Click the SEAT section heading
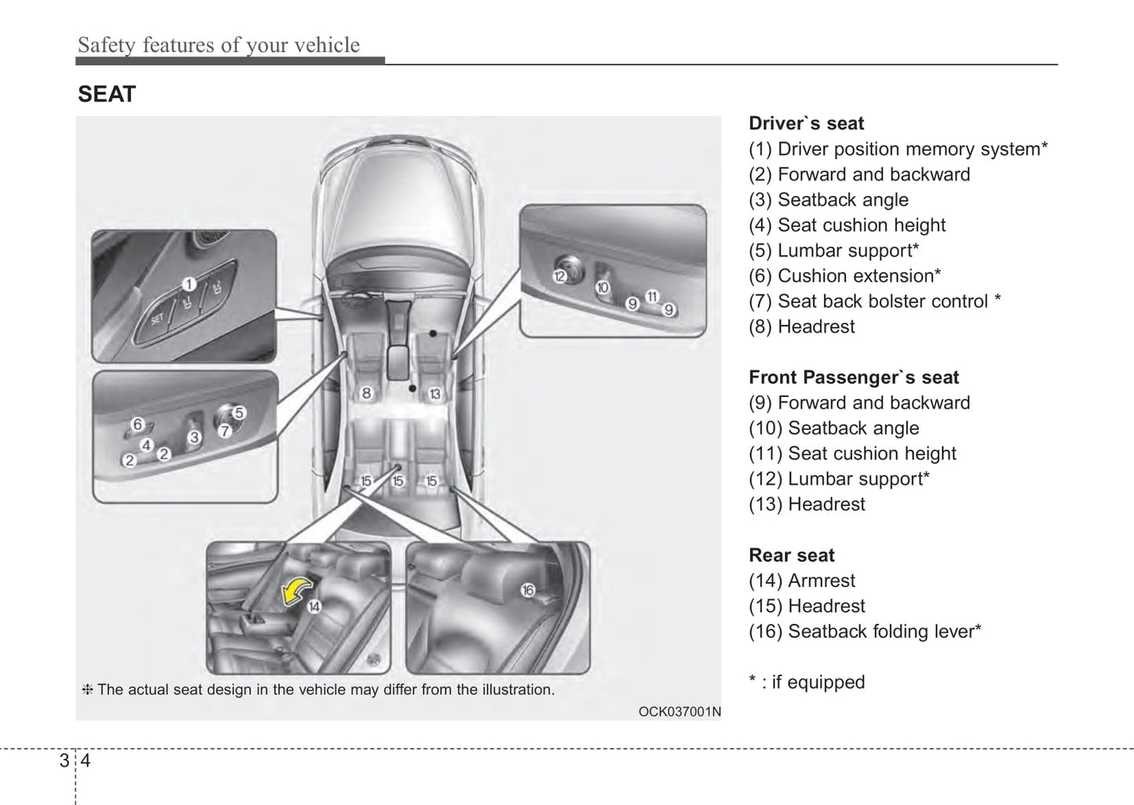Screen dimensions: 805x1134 [107, 95]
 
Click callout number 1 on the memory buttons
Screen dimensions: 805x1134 [188, 284]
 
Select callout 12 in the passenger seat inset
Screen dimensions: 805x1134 [560, 275]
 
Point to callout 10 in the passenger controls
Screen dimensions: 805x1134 [602, 287]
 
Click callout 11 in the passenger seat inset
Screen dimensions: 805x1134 [651, 296]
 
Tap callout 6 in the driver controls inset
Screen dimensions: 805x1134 [137, 424]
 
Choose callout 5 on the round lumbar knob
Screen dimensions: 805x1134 [239, 412]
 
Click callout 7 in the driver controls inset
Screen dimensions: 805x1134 [224, 430]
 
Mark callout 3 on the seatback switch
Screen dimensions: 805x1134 [195, 437]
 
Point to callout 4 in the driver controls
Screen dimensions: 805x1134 [146, 446]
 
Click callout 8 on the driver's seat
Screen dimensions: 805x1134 [366, 392]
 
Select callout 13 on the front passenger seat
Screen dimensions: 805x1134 [435, 393]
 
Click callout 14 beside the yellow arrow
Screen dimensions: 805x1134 [313, 606]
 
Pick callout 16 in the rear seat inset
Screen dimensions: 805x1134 [527, 590]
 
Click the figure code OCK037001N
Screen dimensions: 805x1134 [679, 712]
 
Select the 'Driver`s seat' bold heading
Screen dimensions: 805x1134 [806, 123]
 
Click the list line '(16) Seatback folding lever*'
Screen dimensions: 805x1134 [865, 632]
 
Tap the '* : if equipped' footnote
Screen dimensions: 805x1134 [807, 682]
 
